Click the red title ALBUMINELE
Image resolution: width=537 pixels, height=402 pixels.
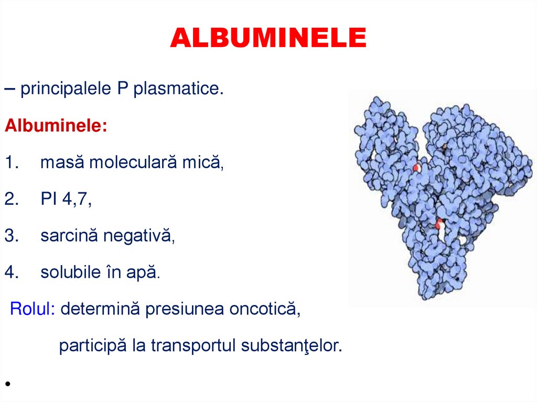coord(268,39)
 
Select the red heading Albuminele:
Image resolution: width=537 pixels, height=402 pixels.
coord(56,126)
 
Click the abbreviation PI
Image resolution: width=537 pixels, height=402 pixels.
coord(48,200)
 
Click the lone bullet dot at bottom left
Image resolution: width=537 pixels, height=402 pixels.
coord(8,384)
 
